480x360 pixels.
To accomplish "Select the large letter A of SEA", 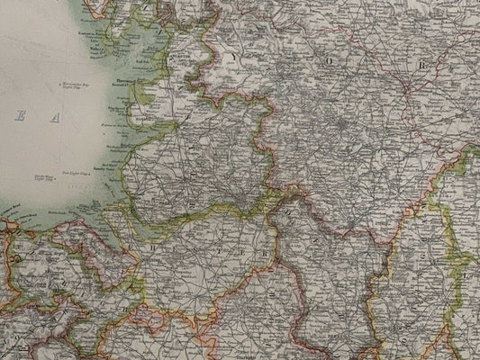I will [55, 117].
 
